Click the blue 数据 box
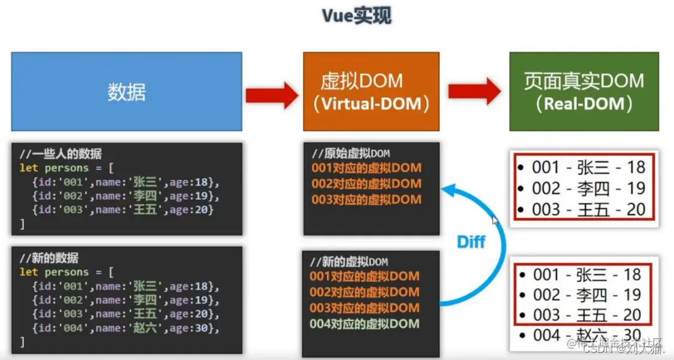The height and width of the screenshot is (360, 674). coord(127,92)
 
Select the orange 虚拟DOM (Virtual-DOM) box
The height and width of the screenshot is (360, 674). coord(371,92)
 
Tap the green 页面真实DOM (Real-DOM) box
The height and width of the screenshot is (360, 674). coord(583,92)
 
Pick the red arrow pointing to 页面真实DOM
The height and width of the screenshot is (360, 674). coord(474,92)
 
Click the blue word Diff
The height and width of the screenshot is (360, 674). coord(471,242)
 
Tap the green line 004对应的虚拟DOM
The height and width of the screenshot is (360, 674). coord(365,324)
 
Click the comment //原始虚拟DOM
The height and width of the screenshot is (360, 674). coord(351,154)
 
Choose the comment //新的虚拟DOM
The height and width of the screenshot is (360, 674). coord(349,262)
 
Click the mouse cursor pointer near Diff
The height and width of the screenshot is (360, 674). coord(495,220)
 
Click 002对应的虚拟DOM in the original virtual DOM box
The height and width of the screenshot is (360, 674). coord(366,184)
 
